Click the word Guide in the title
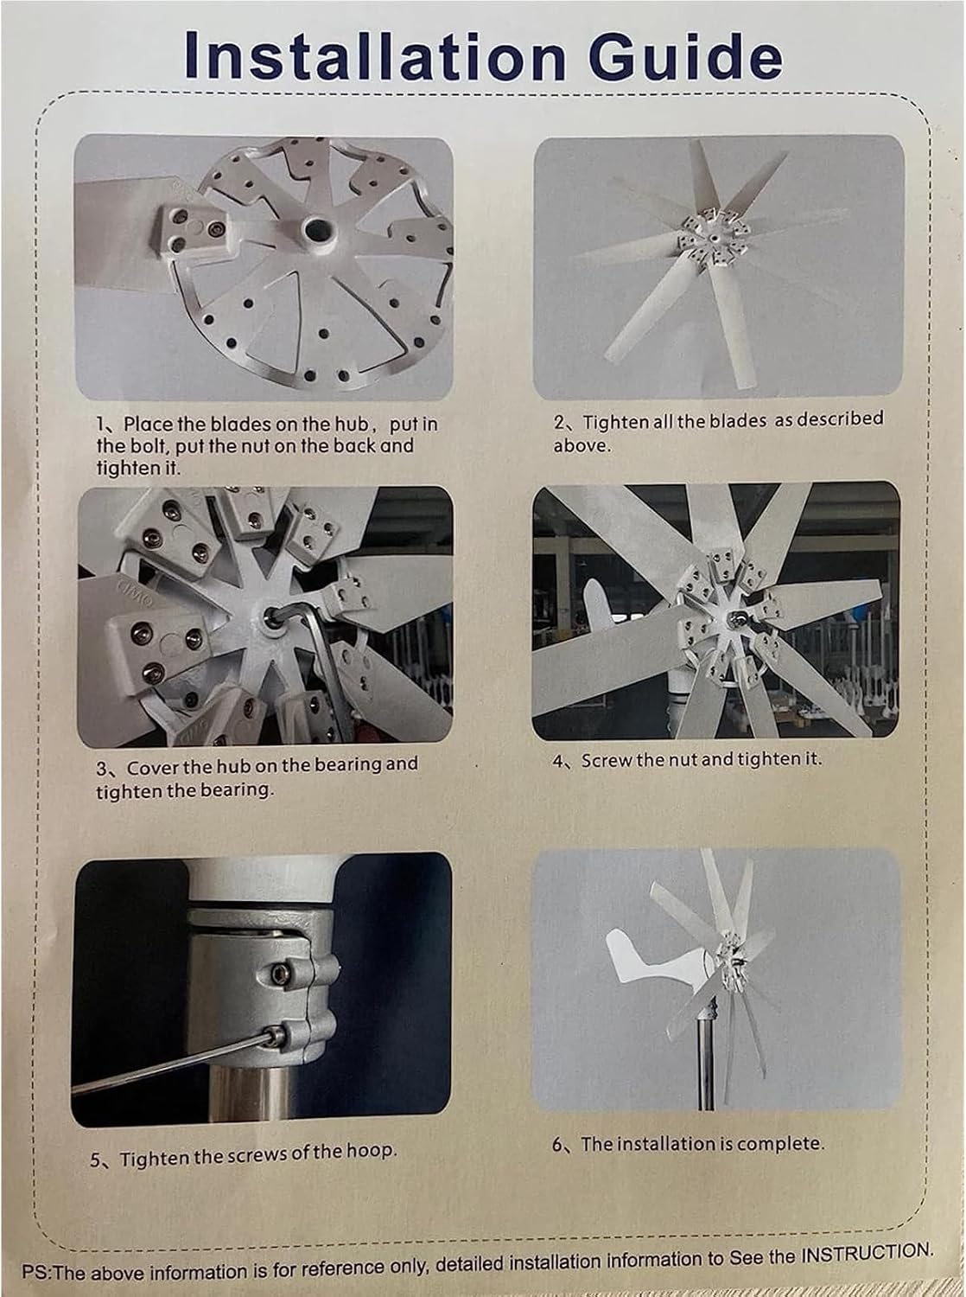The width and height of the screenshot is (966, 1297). [x=682, y=55]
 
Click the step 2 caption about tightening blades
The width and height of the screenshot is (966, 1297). [x=718, y=431]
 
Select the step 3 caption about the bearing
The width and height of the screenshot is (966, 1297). [x=256, y=777]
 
